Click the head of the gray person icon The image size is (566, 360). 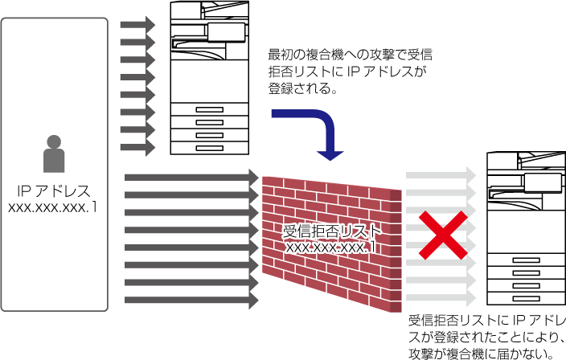click(x=54, y=142)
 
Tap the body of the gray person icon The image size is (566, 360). click(x=54, y=161)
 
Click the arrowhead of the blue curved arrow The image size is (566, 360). click(x=330, y=154)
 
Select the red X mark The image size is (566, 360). click(x=442, y=235)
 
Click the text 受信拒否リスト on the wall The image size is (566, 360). click(x=332, y=231)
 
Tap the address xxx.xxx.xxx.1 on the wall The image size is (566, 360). click(x=331, y=247)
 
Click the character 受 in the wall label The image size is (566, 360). click(x=291, y=231)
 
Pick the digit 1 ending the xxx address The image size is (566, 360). click(x=372, y=247)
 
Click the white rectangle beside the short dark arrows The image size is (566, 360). click(x=226, y=32)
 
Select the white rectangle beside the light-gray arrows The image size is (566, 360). click(x=543, y=182)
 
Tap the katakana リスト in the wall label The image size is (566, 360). click(x=362, y=231)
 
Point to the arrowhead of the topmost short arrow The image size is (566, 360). click(x=150, y=25)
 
